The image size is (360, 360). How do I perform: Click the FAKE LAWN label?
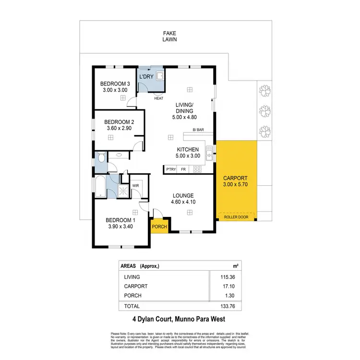click(169, 36)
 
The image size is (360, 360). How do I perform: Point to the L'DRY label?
click(146, 77)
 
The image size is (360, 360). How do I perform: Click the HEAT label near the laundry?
click(158, 99)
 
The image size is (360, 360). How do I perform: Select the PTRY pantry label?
click(170, 169)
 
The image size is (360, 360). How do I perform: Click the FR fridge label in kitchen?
click(183, 169)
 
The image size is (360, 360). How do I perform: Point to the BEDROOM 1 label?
click(120, 220)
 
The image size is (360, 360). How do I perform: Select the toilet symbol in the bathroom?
click(101, 157)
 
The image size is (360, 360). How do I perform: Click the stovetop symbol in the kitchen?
click(197, 169)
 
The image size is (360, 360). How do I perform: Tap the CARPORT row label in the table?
click(136, 286)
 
